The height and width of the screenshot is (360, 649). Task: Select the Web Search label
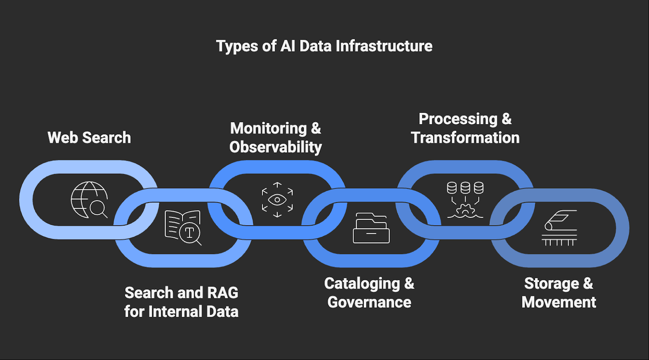[89, 138]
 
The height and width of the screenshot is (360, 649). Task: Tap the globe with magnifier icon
[89, 200]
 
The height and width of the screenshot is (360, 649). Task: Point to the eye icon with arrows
[277, 200]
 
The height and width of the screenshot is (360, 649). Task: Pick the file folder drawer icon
[371, 228]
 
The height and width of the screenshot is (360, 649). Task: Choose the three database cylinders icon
[465, 200]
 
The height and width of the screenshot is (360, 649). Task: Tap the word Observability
[275, 147]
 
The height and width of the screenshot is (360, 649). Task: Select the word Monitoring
[269, 128]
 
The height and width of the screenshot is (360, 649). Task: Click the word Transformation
[465, 138]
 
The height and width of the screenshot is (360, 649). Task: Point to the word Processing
[458, 119]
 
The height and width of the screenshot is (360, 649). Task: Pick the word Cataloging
[362, 283]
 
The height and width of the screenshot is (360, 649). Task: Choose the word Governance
[369, 302]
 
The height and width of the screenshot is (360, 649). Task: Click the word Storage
[552, 283]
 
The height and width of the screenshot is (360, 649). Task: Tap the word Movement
[559, 302]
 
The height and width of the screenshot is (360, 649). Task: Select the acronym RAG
[223, 293]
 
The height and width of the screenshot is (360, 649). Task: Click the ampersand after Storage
[588, 283]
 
